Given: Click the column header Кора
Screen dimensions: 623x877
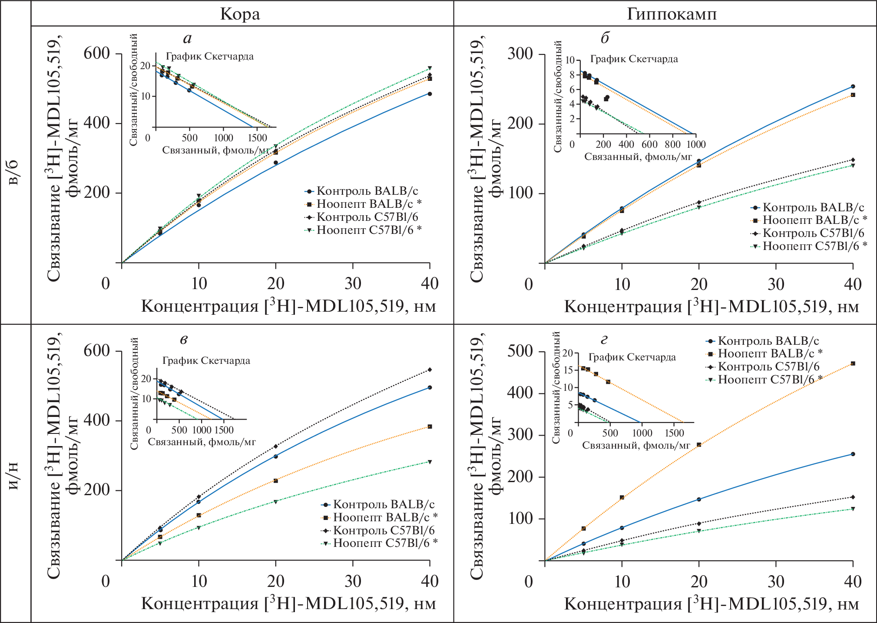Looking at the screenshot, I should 240,14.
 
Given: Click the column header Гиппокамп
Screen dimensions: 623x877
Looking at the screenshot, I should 672,14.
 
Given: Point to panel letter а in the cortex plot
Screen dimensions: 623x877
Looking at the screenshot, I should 187,39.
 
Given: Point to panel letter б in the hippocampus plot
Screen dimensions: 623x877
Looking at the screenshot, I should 605,38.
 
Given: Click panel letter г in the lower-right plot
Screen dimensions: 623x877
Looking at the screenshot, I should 604,340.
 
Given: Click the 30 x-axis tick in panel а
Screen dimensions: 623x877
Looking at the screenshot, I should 353,284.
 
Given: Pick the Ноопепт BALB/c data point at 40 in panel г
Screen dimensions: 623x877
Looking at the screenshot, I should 853,363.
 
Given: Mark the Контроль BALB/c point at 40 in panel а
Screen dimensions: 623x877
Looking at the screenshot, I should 430,94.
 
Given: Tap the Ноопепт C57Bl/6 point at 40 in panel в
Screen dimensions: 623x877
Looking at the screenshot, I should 430,462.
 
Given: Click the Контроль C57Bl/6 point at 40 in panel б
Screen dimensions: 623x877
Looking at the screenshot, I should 853,160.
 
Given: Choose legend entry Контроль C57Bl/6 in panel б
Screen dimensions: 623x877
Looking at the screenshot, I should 813,233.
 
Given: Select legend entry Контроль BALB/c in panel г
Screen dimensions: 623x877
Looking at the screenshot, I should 768,341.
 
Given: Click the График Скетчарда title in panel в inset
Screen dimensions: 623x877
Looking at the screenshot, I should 206,361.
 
